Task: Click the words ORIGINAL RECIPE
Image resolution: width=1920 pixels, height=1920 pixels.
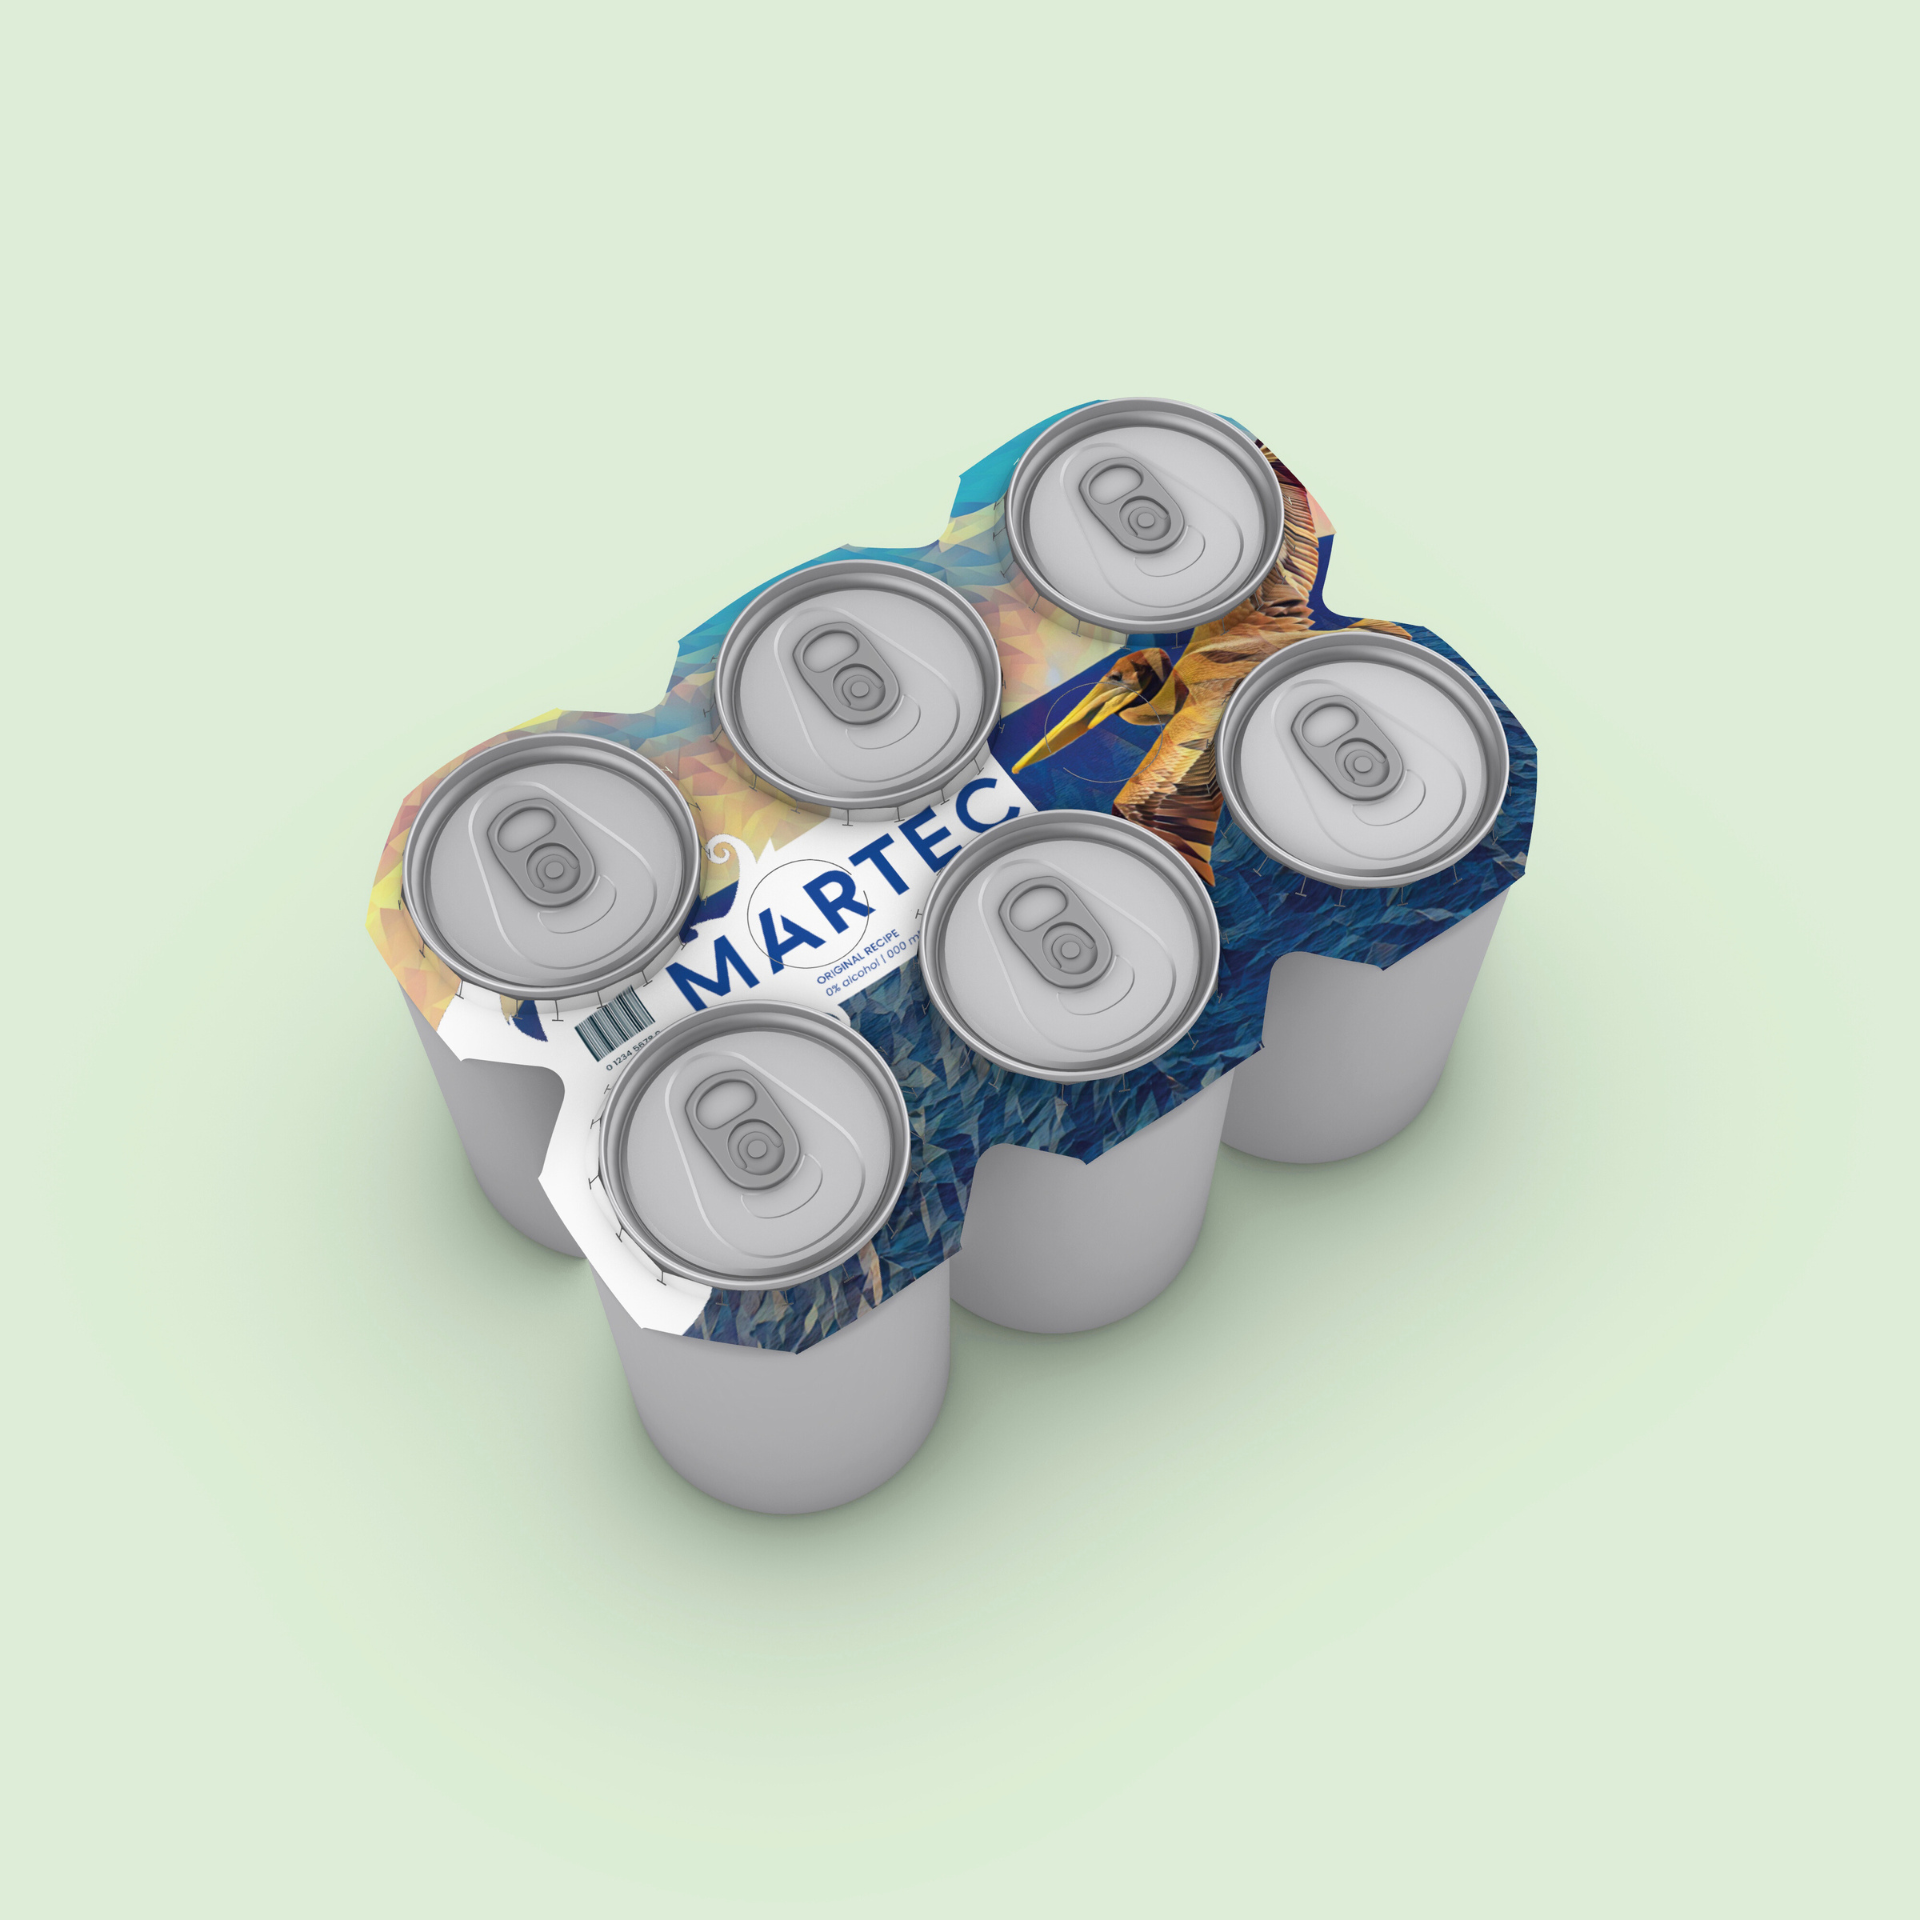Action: [x=858, y=956]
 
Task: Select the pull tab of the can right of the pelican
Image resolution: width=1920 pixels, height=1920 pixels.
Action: [x=1340, y=745]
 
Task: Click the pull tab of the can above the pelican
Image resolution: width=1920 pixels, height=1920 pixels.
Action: [x=1125, y=500]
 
